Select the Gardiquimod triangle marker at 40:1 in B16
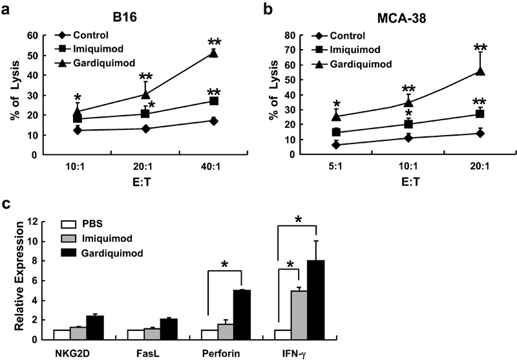(x=213, y=54)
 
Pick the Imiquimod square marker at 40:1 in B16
(x=213, y=101)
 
